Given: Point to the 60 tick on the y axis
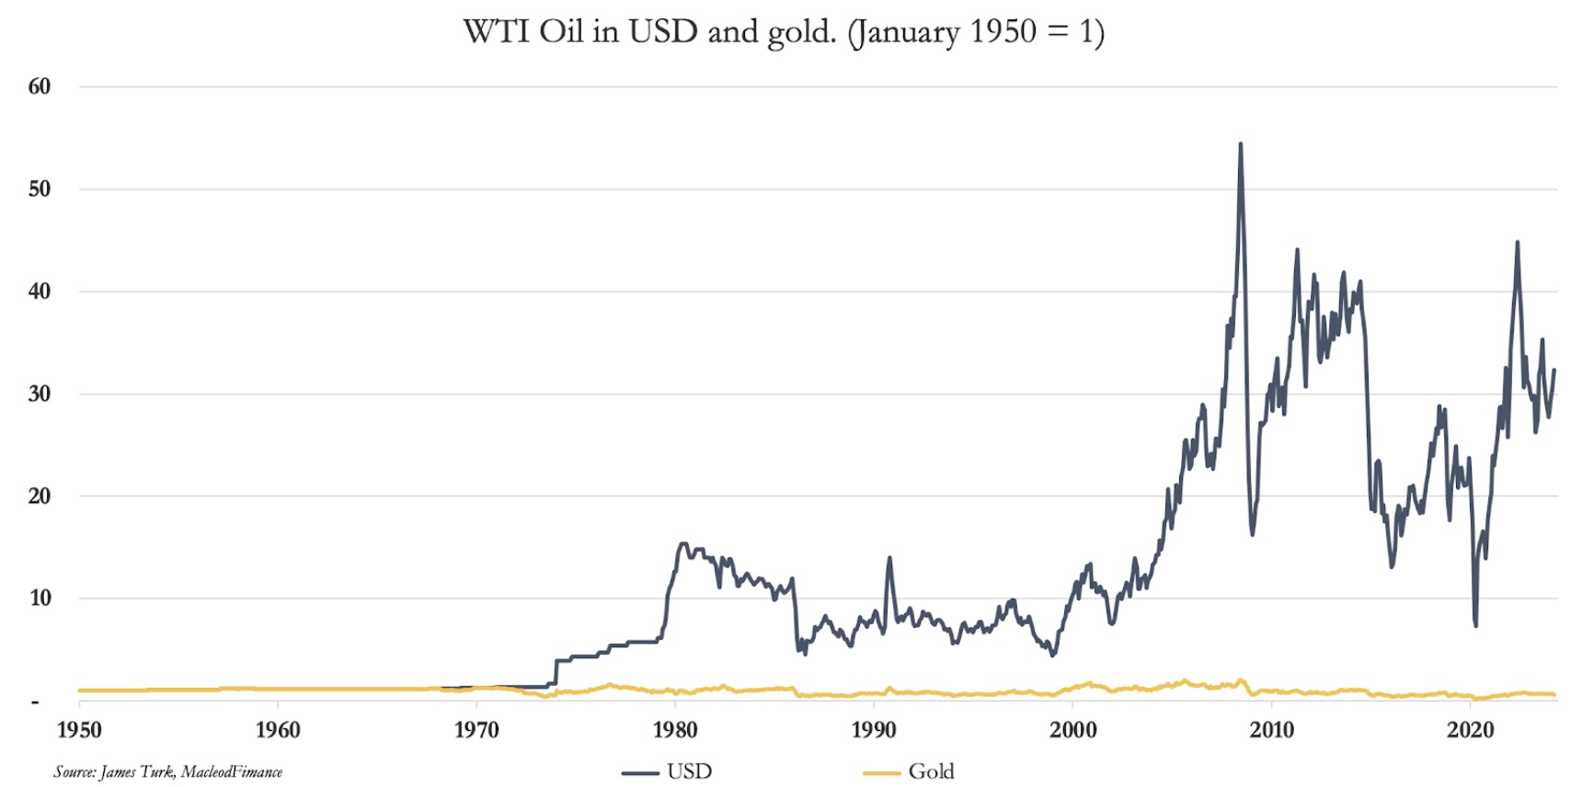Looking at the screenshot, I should pyautogui.click(x=40, y=86).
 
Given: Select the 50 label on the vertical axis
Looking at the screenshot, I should pyautogui.click(x=40, y=188).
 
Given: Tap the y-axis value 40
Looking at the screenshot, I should pyautogui.click(x=40, y=291).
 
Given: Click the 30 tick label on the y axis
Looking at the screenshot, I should pyautogui.click(x=40, y=393).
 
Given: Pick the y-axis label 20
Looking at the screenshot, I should pyautogui.click(x=40, y=496).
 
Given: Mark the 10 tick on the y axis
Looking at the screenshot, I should pyautogui.click(x=40, y=598).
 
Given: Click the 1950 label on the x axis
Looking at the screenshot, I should pyautogui.click(x=79, y=730).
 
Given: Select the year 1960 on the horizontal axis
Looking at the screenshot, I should pyautogui.click(x=278, y=730).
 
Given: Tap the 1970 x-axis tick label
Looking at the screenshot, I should pyautogui.click(x=476, y=730).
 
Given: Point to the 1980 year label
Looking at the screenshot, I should pyautogui.click(x=675, y=730).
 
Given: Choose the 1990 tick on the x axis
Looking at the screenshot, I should pyautogui.click(x=874, y=730).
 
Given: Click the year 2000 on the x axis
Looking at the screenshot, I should pyautogui.click(x=1073, y=730).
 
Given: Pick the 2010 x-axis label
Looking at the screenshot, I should pyautogui.click(x=1272, y=730).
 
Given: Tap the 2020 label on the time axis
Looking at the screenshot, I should pyautogui.click(x=1471, y=730).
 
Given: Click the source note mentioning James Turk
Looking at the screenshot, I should pyautogui.click(x=167, y=771).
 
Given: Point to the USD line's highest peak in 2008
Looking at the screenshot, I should pyautogui.click(x=1241, y=144).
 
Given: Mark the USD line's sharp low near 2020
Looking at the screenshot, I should pyautogui.click(x=1475, y=625).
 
